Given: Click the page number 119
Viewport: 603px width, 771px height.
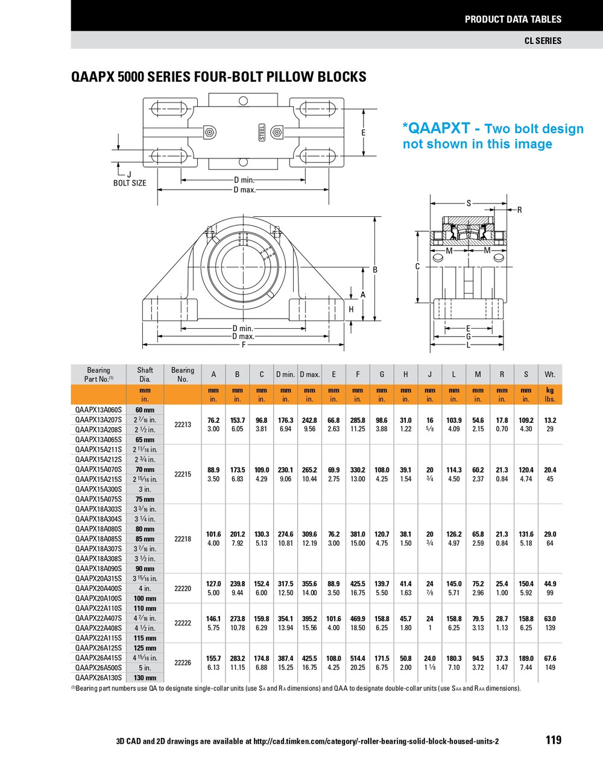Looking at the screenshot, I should pos(553,740).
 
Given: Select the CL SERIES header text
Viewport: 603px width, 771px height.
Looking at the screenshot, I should pos(543,40).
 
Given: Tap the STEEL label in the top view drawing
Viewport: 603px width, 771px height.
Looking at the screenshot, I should pos(262,132).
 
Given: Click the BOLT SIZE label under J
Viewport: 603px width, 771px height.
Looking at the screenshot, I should pos(130,183).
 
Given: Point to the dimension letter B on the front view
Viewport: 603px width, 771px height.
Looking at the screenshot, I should pos(375,270).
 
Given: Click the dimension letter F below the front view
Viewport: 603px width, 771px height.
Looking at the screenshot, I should pos(244,345).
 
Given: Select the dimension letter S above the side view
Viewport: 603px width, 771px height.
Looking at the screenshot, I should pos(469,204).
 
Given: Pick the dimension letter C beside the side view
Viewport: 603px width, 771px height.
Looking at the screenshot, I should pos(417,266).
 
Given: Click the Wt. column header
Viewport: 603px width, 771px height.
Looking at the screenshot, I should pos(550,374).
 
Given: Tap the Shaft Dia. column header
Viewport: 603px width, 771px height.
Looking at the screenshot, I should pos(145,374).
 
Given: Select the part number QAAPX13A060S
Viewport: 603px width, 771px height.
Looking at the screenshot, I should pos(98,410).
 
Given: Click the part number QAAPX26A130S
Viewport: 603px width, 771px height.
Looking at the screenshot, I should pos(98,678).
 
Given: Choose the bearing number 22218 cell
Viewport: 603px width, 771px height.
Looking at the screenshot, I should pos(183,538).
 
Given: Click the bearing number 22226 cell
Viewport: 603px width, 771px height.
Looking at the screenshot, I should pos(183,663).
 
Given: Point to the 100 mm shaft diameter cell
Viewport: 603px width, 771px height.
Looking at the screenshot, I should pos(145,598).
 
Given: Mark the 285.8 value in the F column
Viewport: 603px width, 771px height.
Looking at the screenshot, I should pos(358,420).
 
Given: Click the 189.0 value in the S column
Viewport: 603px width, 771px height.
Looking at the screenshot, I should pos(526,658).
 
